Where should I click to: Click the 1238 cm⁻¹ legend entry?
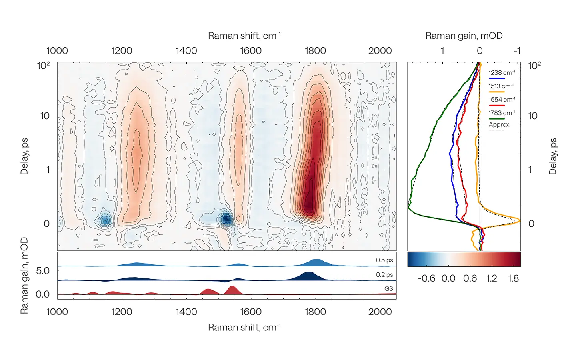coord(501,73)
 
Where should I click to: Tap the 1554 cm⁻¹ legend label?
coord(501,100)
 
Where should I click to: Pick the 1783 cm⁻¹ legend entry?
coord(501,113)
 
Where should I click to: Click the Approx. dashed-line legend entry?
coord(499,125)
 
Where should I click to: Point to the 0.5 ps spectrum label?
coord(384,260)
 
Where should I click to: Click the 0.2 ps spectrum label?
coord(384,275)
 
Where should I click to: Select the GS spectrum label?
coord(388,288)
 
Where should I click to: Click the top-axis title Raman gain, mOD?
coord(464,36)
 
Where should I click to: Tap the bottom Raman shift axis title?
coord(244,327)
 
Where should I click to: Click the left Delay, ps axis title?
coord(24,156)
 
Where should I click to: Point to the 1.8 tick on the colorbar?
coord(513,278)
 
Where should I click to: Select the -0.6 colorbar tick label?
coord(426,278)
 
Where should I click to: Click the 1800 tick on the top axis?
coord(315,51)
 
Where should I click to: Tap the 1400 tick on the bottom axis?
coord(186,312)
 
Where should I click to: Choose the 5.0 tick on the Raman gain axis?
coord(43,271)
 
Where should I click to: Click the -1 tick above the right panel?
coord(517,51)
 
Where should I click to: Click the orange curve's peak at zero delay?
coord(519,220)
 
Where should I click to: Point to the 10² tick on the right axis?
coord(534,65)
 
